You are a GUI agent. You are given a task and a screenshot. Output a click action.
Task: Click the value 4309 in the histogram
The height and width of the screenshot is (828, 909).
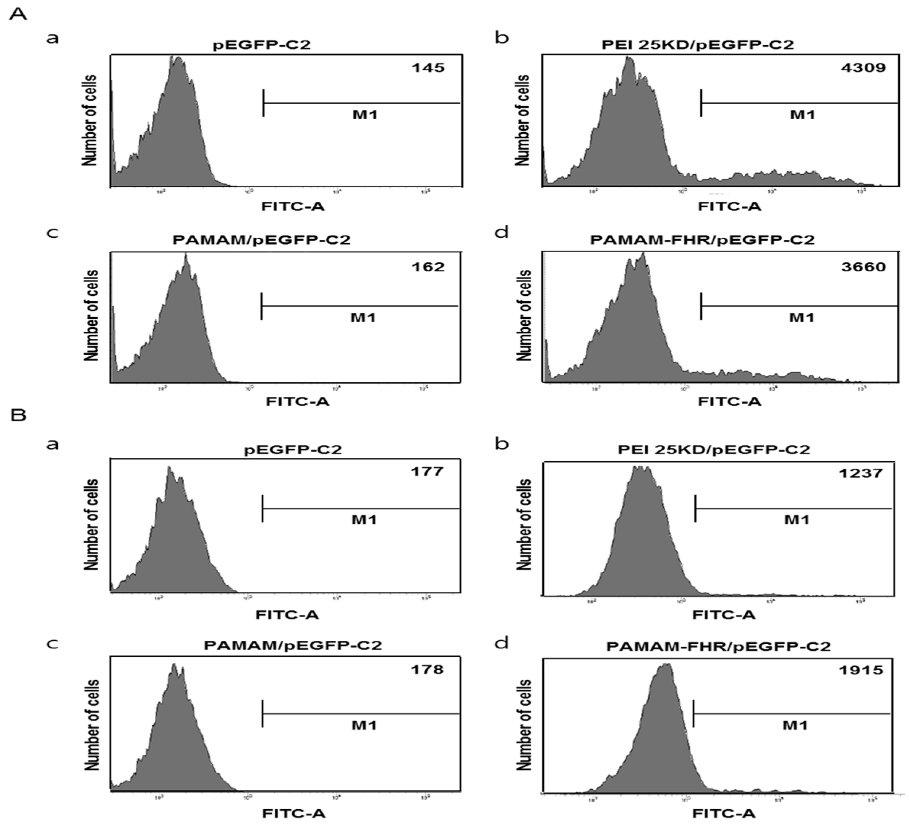coord(863,68)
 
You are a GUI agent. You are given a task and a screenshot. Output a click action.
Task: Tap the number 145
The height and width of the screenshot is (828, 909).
coord(428,68)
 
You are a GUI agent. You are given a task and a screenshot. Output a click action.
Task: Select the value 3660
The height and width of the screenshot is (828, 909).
coord(863,267)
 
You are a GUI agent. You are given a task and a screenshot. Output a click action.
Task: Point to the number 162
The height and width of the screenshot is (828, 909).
coord(428,267)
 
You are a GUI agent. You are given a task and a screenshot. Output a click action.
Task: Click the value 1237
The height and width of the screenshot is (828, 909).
coord(860,473)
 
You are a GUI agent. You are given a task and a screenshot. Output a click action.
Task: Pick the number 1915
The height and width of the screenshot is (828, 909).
coord(860,670)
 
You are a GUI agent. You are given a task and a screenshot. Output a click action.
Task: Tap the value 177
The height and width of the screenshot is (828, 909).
coord(426,472)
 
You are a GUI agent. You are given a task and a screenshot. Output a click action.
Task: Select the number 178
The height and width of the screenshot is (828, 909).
coord(426,669)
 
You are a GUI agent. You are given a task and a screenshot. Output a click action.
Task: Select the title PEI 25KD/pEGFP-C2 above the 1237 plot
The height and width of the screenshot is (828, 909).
coord(713,450)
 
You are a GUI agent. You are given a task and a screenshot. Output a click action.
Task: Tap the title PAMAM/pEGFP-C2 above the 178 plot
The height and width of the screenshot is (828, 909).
coord(293,645)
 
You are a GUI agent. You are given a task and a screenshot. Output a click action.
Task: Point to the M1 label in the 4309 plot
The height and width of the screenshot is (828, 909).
coord(802,115)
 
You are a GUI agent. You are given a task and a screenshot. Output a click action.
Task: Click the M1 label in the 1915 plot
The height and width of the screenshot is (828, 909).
coord(794,726)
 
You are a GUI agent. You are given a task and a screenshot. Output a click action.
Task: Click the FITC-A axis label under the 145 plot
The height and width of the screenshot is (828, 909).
coord(293,206)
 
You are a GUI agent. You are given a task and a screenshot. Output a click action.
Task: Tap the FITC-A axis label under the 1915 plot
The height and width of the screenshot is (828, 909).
coord(723,813)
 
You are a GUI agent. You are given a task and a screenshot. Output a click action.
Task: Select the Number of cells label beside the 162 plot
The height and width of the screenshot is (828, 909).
coord(91,315)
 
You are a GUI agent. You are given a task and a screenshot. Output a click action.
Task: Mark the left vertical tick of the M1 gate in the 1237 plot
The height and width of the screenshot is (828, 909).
coord(695,508)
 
